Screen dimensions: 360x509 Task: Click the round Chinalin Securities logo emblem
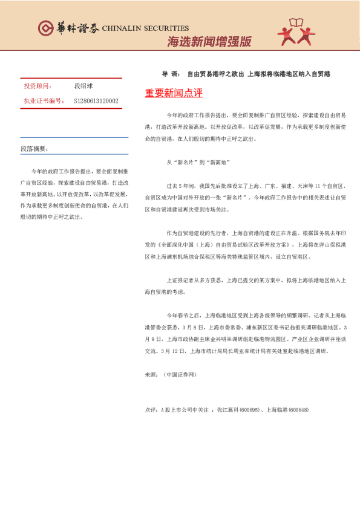[x=46, y=28]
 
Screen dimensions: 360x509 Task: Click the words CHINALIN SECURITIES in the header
[x=145, y=28]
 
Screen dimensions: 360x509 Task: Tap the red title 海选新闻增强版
[x=209, y=42]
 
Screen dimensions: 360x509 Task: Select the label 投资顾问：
[x=38, y=86]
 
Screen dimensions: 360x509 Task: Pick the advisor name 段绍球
[x=83, y=86]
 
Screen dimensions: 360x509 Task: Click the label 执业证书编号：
[x=44, y=101]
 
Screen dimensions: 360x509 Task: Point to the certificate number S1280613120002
[x=96, y=101]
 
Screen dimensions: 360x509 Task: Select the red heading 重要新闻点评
[x=174, y=93]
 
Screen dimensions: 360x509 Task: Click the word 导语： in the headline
[x=171, y=74]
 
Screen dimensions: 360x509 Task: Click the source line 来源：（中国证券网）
[x=171, y=374]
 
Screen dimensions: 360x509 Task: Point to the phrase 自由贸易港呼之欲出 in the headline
[x=215, y=74]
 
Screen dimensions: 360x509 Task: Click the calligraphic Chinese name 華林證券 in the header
[x=76, y=28]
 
